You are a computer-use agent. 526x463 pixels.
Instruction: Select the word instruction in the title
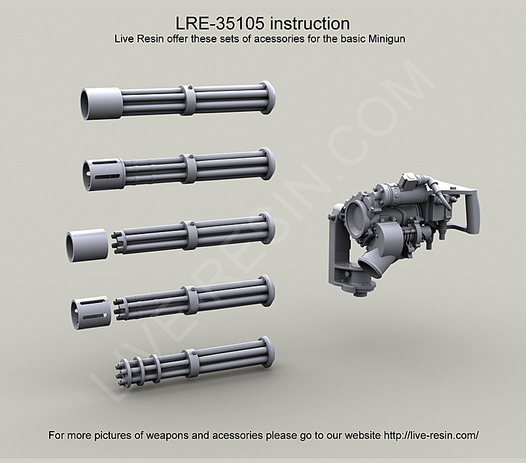coord(309,24)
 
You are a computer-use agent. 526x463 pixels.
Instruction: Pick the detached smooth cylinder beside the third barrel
coord(86,245)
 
